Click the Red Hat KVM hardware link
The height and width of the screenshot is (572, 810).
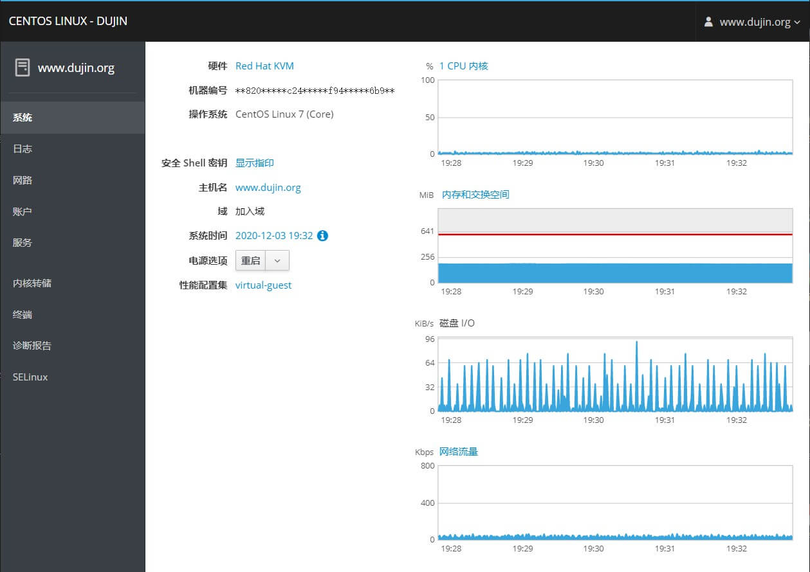[x=264, y=66]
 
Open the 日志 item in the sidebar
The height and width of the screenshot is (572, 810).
[x=23, y=148]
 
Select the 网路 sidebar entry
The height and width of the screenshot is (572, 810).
[x=23, y=180]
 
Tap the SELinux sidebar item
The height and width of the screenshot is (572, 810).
[x=30, y=377]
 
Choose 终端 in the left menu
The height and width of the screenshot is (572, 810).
[x=23, y=314]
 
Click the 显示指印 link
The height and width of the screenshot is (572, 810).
[x=255, y=163]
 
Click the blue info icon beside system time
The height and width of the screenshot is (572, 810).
[x=322, y=236]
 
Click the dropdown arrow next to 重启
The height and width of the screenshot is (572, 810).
[x=277, y=260]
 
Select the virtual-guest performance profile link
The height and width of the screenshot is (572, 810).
[x=263, y=285]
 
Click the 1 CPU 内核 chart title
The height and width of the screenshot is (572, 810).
[x=464, y=66]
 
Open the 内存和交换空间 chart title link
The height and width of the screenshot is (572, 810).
[x=475, y=194]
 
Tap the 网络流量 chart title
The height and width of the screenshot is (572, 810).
[x=459, y=451]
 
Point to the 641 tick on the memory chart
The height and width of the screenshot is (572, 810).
[x=427, y=231]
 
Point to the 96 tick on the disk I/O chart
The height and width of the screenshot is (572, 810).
[x=430, y=339]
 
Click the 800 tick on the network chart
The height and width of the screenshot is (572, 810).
[x=427, y=465]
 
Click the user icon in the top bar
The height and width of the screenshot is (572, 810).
[x=708, y=22]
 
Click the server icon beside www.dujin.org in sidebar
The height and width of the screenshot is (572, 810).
[x=23, y=67]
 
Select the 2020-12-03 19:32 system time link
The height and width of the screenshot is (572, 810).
[x=274, y=236]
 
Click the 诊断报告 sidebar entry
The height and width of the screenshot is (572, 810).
[x=32, y=345]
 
